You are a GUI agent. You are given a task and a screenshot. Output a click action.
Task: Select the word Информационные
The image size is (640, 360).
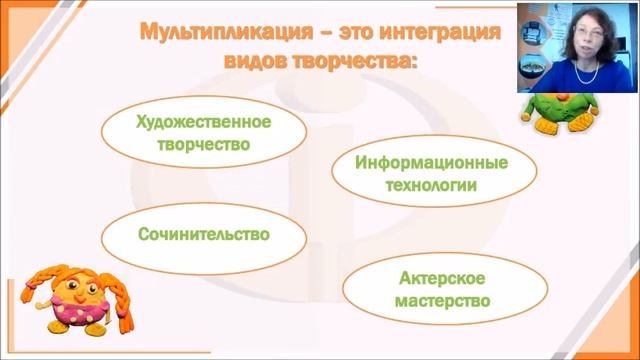(432, 163)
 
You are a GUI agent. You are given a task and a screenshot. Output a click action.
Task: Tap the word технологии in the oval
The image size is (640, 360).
(432, 185)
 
